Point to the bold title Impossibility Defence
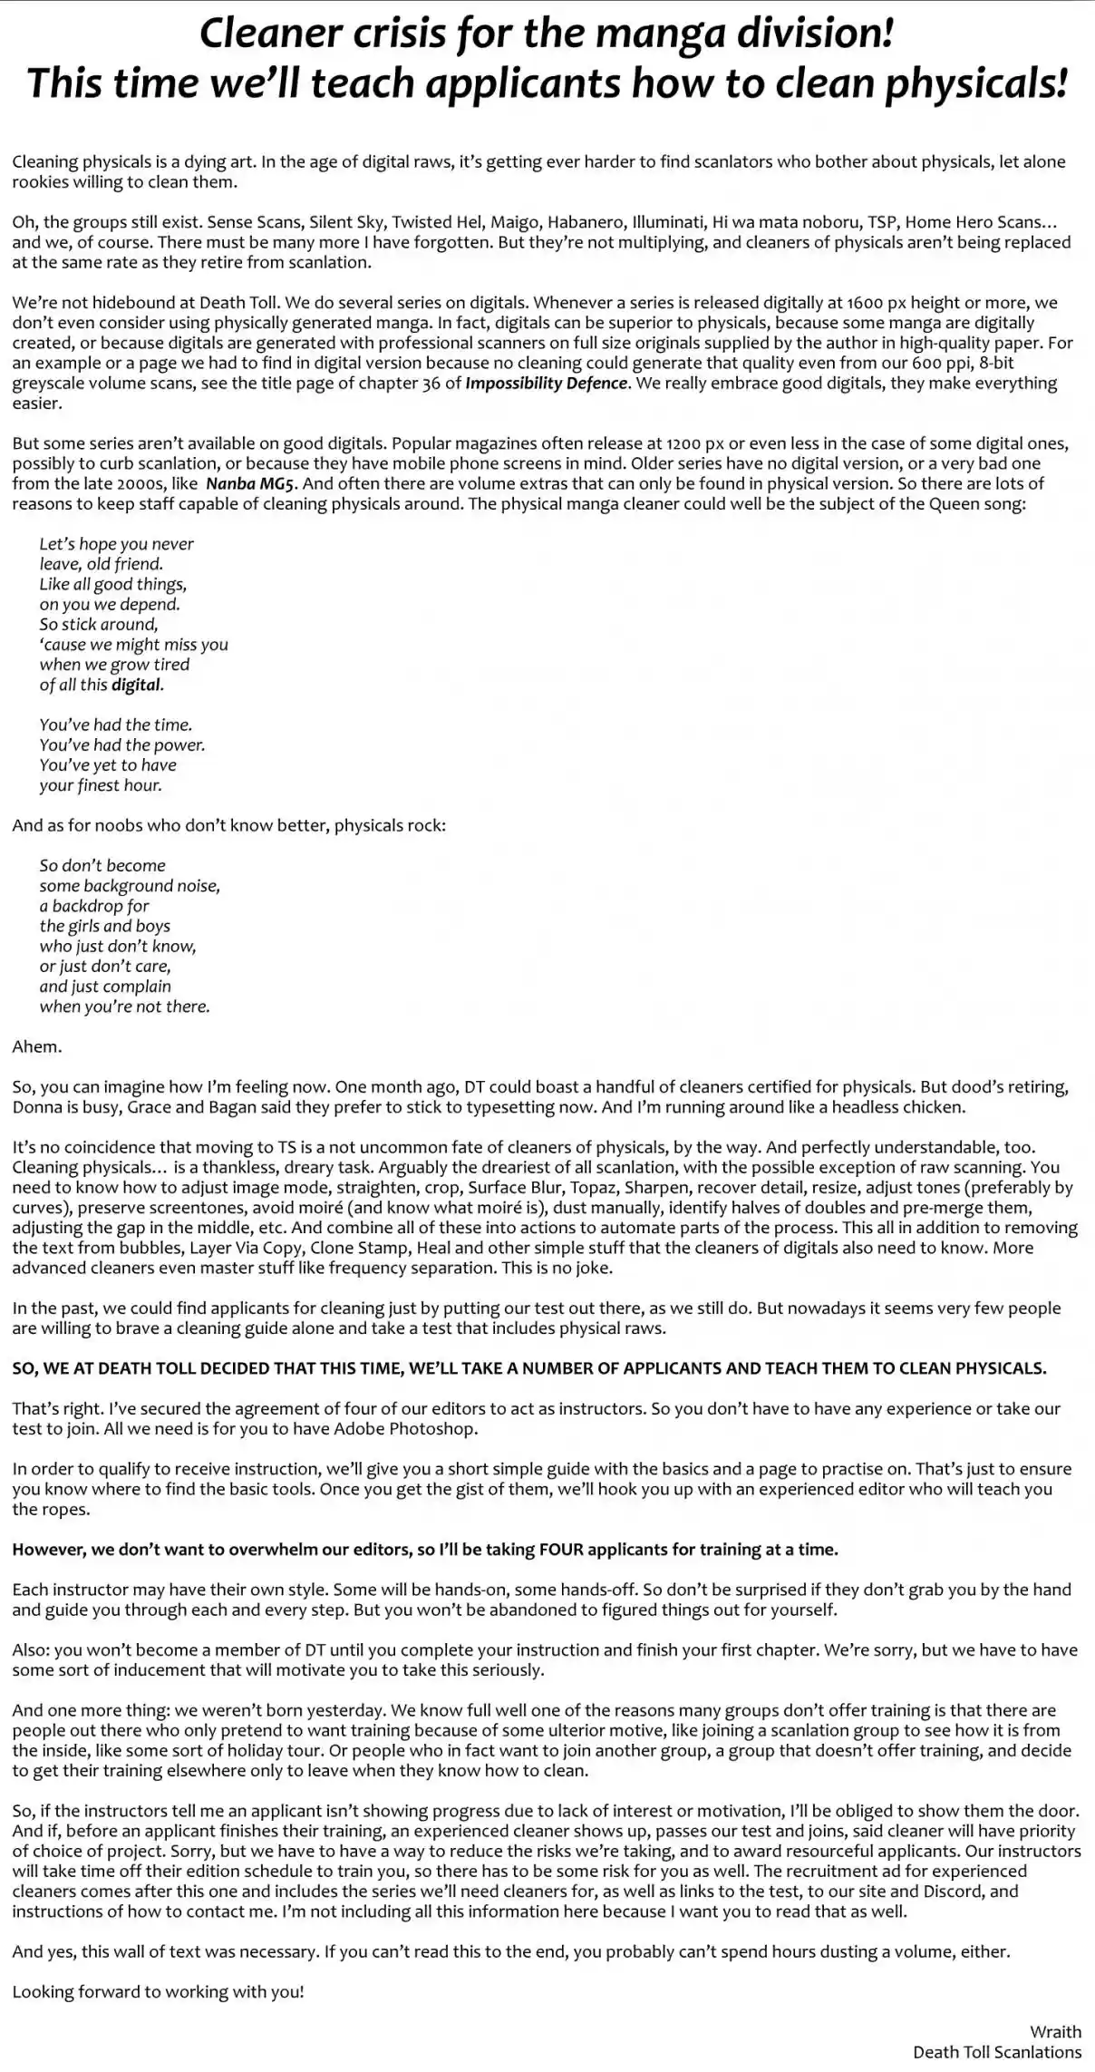click(546, 383)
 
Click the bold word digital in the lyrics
click(136, 685)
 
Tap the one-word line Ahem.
click(37, 1046)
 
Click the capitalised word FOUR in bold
click(561, 1550)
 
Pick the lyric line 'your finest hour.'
click(100, 785)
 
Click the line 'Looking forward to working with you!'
click(158, 1992)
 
